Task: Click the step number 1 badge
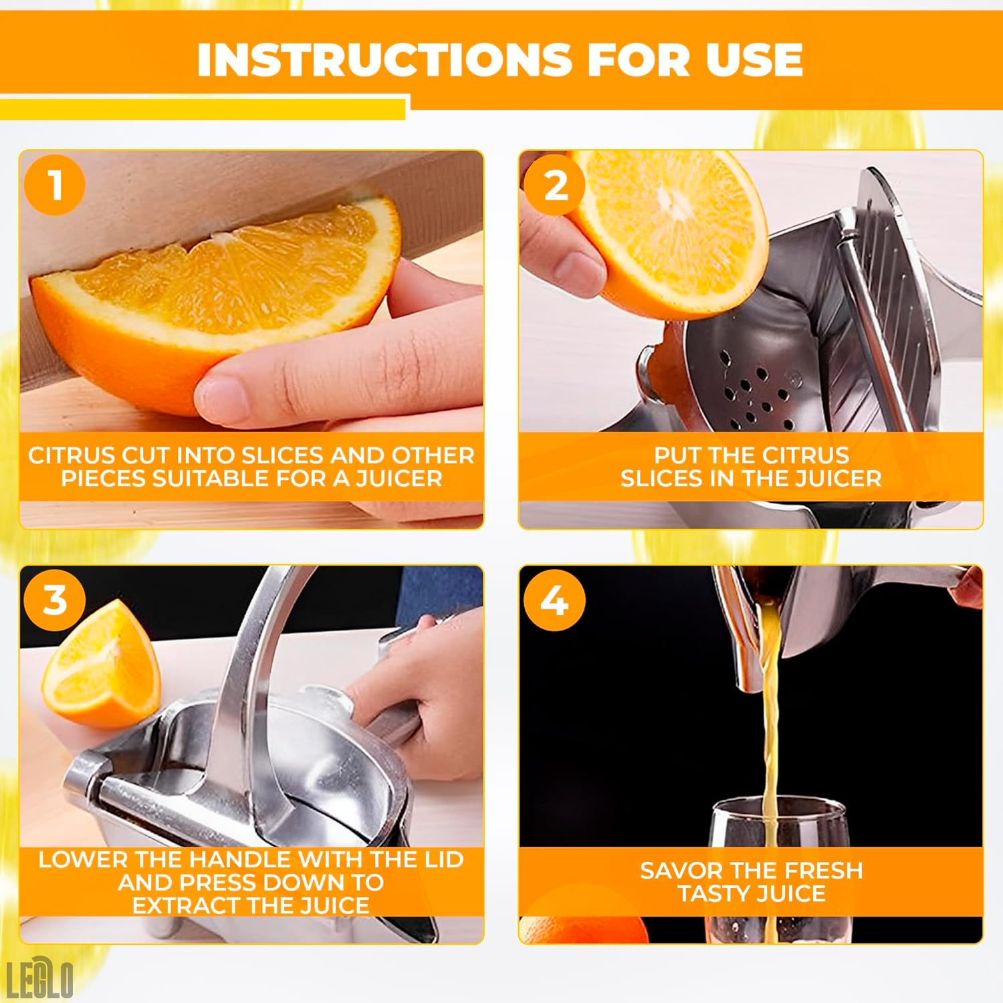[55, 185]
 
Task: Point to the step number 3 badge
[55, 600]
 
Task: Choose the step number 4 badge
[554, 600]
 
